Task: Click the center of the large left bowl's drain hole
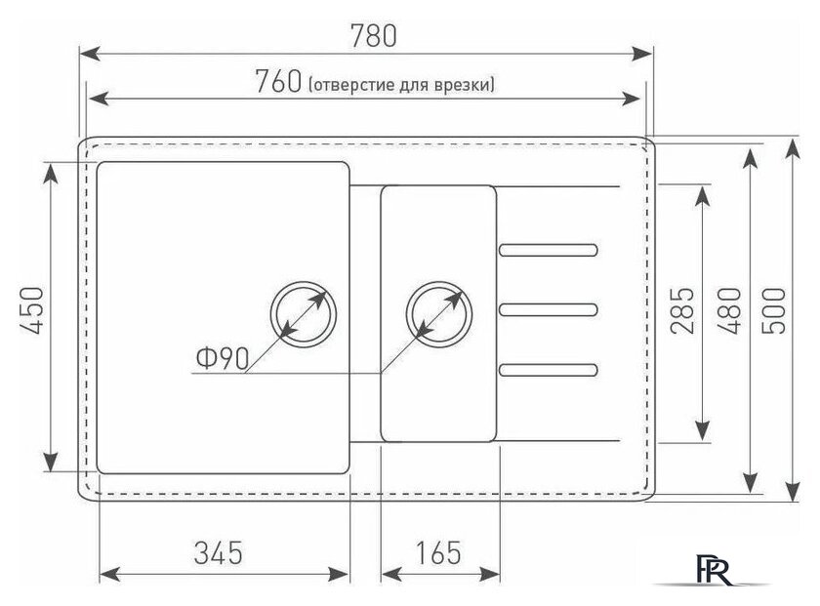304,314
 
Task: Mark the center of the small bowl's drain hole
439,314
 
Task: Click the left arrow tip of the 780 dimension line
80,54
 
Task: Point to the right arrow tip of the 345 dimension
348,574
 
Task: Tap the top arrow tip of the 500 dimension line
793,140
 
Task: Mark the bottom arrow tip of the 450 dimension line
51,471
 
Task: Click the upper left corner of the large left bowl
98,162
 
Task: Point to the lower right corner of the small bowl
496,442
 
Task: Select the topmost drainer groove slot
548,250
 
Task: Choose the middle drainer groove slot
548,309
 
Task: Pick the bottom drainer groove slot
548,370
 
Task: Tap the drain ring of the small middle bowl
439,314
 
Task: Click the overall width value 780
373,35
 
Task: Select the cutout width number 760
279,82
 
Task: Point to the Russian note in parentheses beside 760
401,84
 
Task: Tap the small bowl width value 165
438,552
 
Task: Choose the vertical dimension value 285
682,310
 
